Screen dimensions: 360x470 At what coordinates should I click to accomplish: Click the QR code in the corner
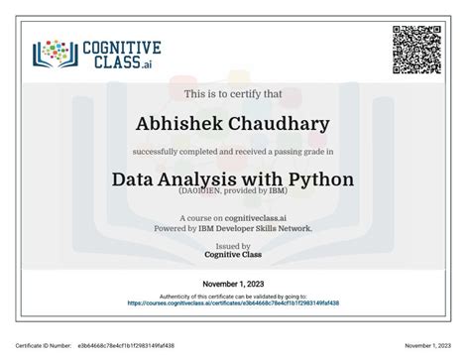tap(416, 47)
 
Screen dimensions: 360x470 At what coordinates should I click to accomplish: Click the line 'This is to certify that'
tap(234, 94)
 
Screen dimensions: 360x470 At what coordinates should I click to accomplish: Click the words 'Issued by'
tap(234, 245)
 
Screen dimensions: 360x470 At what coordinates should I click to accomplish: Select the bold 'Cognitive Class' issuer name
tap(234, 254)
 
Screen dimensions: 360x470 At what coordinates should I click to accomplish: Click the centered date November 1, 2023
tap(234, 284)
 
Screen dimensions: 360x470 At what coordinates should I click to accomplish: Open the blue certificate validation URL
tap(234, 303)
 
